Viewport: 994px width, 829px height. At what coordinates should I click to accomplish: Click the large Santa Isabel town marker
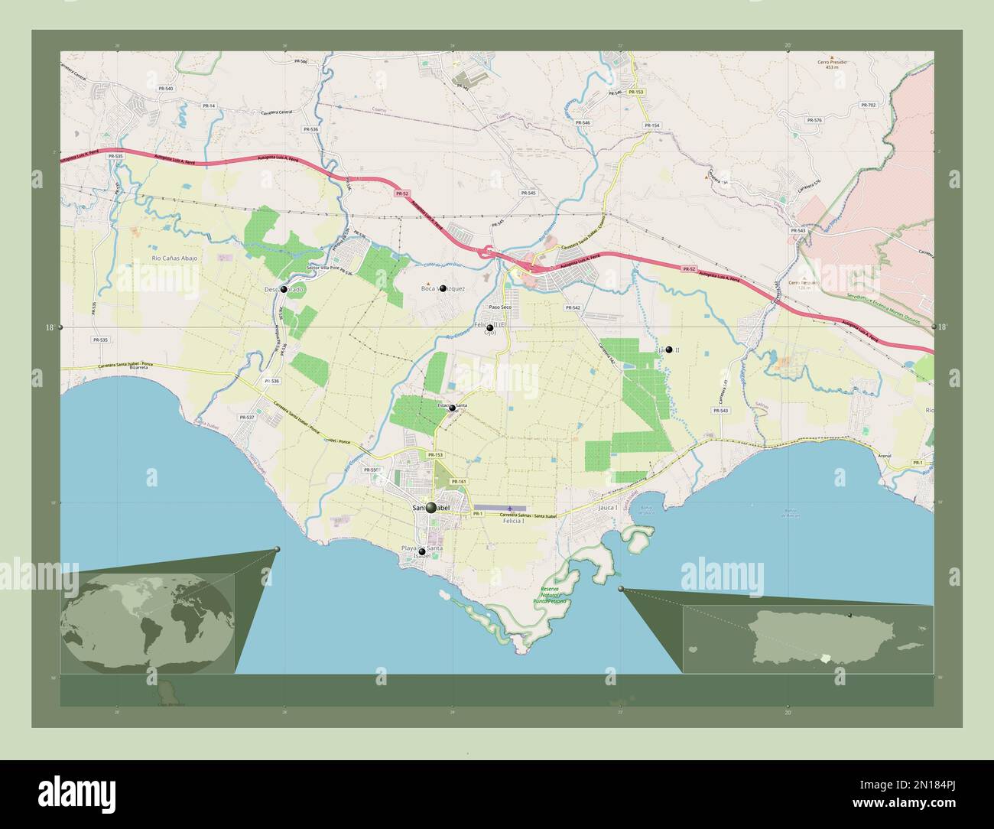click(431, 508)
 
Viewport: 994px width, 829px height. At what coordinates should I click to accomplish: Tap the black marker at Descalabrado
click(284, 289)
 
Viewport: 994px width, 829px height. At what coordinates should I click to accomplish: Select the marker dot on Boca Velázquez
click(443, 288)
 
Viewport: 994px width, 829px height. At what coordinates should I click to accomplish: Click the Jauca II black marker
click(669, 349)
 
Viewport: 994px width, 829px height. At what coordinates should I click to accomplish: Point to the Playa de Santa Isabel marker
click(421, 551)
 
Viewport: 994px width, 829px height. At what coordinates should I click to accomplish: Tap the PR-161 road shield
click(458, 481)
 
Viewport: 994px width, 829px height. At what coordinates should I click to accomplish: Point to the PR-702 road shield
click(868, 105)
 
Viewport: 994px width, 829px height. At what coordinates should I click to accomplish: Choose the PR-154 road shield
click(651, 125)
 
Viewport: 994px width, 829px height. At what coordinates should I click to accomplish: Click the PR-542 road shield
click(573, 307)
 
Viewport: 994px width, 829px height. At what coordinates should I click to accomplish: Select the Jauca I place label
click(608, 507)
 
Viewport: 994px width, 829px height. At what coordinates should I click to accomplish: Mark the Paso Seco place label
click(500, 307)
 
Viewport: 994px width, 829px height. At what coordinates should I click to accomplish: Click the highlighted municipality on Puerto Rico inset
click(824, 658)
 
